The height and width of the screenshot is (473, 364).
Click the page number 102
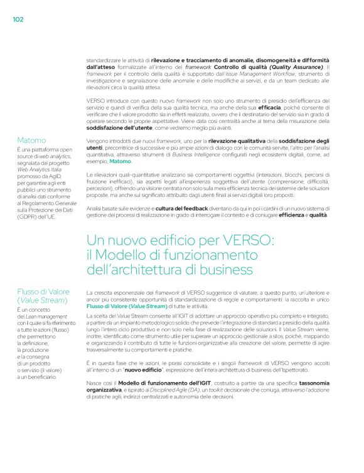pos(18,19)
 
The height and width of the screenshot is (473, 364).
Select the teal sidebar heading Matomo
pos(31,141)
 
